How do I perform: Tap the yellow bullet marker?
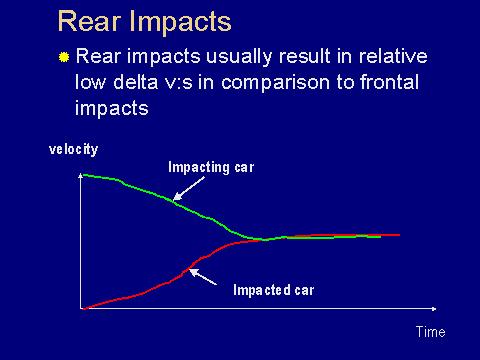64,58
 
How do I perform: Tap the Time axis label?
430,332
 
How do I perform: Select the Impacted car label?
273,290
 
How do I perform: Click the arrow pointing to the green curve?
191,190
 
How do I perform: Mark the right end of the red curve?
399,235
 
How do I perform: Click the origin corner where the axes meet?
80,308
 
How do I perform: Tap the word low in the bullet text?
90,83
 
